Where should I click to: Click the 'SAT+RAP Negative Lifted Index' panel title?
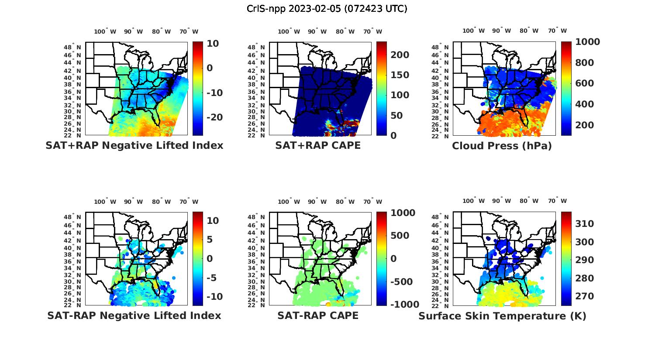pos(134,145)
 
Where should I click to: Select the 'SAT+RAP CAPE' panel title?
pos(318,145)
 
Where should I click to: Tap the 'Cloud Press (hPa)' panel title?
pos(502,146)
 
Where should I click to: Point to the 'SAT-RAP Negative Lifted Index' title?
pos(134,315)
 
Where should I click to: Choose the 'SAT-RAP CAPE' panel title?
pos(318,315)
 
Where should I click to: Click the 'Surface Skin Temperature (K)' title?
pos(502,316)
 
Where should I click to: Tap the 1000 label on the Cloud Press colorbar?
pos(587,42)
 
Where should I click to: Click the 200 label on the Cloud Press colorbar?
pos(585,125)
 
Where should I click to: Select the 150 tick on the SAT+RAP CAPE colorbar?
pos(400,75)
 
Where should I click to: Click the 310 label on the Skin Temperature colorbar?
pos(585,224)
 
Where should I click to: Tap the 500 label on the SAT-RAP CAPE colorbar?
pos(400,236)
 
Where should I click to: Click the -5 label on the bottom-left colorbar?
pos(212,278)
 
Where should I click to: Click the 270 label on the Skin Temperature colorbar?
pos(585,296)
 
